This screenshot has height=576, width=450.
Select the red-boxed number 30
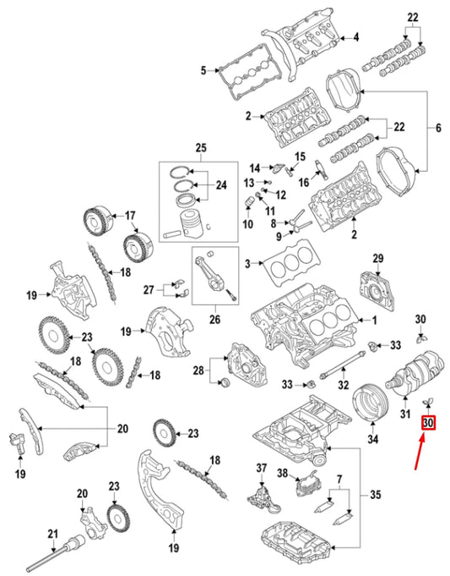(428, 422)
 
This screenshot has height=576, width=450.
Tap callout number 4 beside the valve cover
(355, 37)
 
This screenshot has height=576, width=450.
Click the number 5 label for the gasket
(203, 70)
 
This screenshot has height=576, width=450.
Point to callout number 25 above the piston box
(200, 149)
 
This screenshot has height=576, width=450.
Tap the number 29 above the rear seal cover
(378, 258)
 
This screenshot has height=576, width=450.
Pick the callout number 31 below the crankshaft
(404, 414)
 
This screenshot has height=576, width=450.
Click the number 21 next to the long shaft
(52, 534)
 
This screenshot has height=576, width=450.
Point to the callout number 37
(261, 468)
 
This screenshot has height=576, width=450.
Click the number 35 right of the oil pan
(376, 493)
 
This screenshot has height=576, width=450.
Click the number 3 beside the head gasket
(247, 265)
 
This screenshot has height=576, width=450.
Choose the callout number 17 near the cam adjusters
(130, 215)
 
